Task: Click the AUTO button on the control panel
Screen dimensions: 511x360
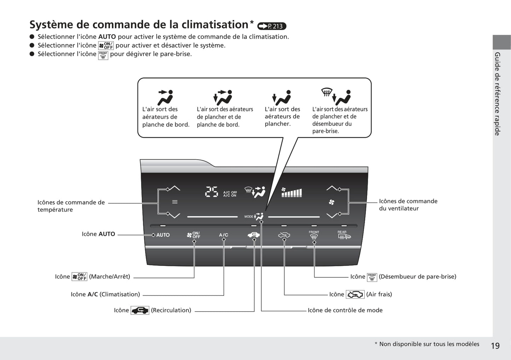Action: pyautogui.click(x=163, y=235)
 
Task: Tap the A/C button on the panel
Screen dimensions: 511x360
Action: pyautogui.click(x=223, y=235)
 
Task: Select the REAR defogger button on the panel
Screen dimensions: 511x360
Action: pyautogui.click(x=344, y=235)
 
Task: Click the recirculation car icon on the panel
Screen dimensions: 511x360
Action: pyautogui.click(x=254, y=235)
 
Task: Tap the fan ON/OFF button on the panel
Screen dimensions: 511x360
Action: pyautogui.click(x=193, y=235)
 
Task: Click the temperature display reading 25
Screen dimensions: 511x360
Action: pyautogui.click(x=212, y=192)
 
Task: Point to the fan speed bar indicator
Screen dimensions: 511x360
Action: pyautogui.click(x=291, y=193)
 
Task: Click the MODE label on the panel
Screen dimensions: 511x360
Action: pyautogui.click(x=249, y=217)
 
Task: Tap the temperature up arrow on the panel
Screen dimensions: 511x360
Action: pyautogui.click(x=175, y=188)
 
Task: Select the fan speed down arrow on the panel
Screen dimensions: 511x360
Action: pyautogui.click(x=332, y=216)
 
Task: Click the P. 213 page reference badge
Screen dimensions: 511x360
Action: pyautogui.click(x=272, y=26)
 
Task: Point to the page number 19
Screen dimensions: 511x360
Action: pyautogui.click(x=495, y=346)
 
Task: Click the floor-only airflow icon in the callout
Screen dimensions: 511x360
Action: pyautogui.click(x=281, y=98)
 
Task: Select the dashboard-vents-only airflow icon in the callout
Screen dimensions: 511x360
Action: pyautogui.click(x=166, y=98)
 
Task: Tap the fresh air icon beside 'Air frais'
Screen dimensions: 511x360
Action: pyautogui.click(x=355, y=294)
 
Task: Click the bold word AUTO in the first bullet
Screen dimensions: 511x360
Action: pyautogui.click(x=107, y=37)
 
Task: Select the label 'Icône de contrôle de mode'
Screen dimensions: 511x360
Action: pyautogui.click(x=345, y=310)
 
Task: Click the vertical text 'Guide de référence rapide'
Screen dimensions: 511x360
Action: pyautogui.click(x=498, y=94)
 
